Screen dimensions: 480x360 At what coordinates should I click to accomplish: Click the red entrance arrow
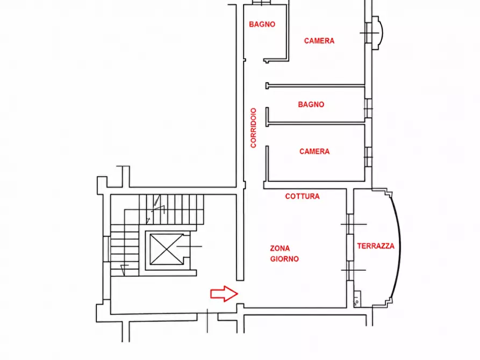point(224,294)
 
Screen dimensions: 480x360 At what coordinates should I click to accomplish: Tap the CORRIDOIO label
point(254,128)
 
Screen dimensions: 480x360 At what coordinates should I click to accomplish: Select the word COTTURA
point(303,196)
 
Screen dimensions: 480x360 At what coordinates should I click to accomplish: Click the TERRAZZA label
point(376,246)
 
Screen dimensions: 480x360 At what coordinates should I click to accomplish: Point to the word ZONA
point(280,248)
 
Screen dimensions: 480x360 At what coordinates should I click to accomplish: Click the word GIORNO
point(284,259)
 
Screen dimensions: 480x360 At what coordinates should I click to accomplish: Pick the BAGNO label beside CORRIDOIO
point(311,104)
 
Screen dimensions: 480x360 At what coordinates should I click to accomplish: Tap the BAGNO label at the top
point(262,24)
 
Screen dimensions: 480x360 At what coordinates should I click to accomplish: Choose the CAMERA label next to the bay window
point(319,41)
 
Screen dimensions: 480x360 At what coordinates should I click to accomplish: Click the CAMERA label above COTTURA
point(314,152)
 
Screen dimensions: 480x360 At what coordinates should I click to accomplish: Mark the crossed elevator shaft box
point(167,249)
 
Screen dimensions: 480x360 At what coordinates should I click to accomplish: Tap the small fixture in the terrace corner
point(357,299)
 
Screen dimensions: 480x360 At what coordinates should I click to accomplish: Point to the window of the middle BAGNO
point(368,109)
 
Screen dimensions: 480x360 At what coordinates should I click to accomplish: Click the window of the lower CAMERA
point(368,157)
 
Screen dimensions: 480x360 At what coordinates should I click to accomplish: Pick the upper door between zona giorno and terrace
point(350,224)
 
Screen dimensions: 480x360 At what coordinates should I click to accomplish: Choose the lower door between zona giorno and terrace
point(350,270)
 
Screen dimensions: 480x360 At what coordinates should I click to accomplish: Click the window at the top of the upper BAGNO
point(261,3)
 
